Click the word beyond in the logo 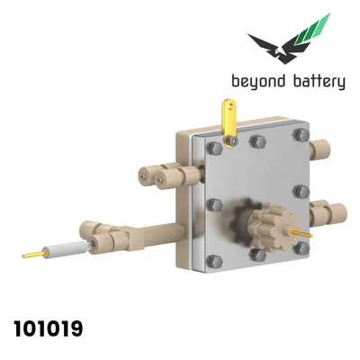[258, 82]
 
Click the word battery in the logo [319, 82]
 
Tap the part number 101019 [49, 328]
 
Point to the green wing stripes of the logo [313, 30]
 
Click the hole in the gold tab [230, 106]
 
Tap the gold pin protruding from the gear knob [301, 233]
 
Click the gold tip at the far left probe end [33, 255]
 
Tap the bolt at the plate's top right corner [301, 135]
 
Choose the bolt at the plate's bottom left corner [215, 262]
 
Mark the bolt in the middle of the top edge [257, 140]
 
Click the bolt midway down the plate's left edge [215, 205]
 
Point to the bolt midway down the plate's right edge [301, 192]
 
